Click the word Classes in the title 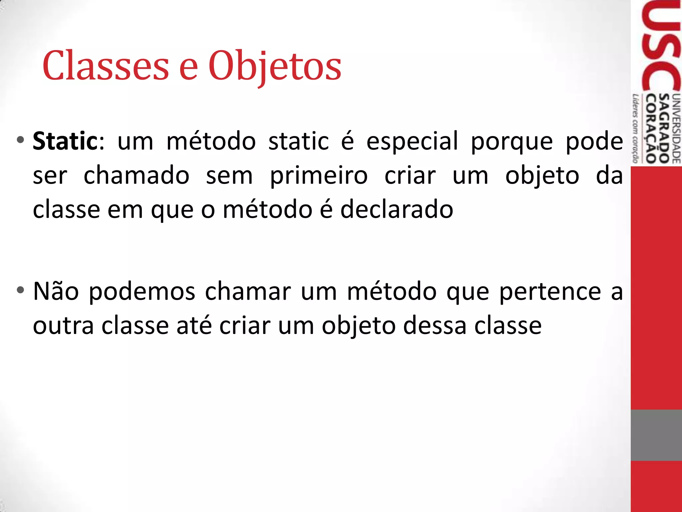click(x=106, y=66)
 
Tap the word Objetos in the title click(x=275, y=66)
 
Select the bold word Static click(x=65, y=141)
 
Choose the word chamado click(x=137, y=176)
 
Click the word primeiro click(x=319, y=176)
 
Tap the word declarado click(x=397, y=210)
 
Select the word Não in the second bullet click(x=56, y=291)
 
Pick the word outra click(x=63, y=326)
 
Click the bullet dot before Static click(x=20, y=140)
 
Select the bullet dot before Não click(x=20, y=290)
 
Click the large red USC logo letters click(x=661, y=47)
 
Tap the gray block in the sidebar click(x=656, y=435)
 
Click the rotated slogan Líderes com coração click(x=636, y=129)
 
